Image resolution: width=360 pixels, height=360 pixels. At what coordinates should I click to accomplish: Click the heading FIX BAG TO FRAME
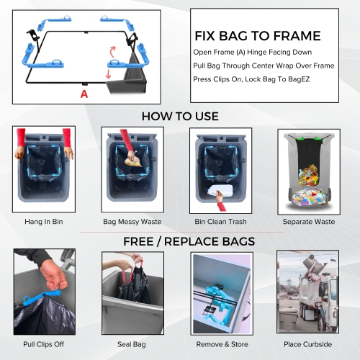(257, 36)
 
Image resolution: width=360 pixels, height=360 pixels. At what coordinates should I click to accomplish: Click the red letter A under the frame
(84, 94)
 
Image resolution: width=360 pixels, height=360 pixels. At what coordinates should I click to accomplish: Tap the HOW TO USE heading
(179, 116)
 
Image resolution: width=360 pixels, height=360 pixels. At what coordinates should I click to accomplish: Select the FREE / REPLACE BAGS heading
(179, 240)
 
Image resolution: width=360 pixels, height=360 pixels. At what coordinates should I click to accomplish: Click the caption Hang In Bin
(43, 222)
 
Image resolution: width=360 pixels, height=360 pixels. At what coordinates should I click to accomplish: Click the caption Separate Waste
(307, 222)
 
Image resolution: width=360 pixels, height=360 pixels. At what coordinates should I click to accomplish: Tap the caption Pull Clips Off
(43, 344)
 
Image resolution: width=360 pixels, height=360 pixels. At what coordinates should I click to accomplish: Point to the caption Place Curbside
(307, 344)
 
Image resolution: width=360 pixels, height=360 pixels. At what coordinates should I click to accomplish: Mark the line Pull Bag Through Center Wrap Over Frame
(262, 66)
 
